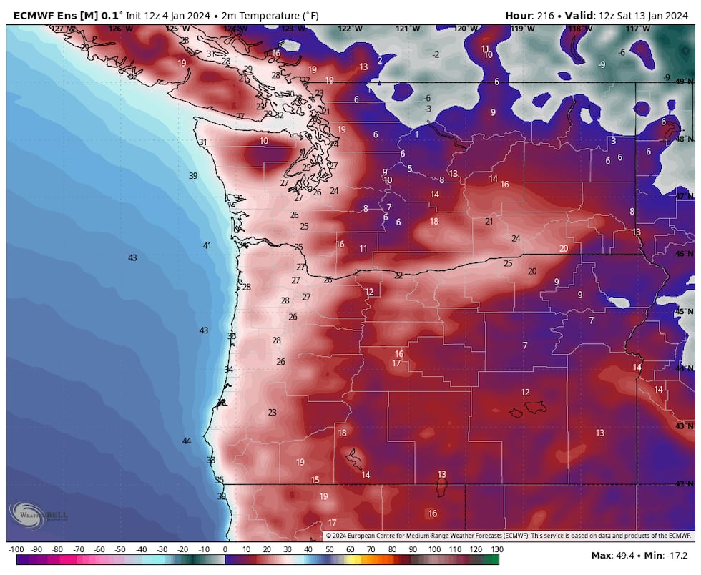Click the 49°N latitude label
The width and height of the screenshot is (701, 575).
tap(685, 81)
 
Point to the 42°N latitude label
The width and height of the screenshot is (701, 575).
tap(685, 483)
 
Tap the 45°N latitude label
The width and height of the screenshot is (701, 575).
tap(685, 311)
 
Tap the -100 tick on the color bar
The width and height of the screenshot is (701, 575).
tap(16, 549)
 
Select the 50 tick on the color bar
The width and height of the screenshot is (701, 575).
tap(329, 549)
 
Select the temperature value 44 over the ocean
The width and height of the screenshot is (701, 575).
tap(187, 441)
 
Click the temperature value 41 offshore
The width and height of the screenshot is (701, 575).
tap(207, 245)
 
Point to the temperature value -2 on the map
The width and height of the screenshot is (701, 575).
tap(436, 54)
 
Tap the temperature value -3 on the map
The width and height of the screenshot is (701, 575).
tap(427, 109)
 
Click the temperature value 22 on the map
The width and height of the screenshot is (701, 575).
tap(398, 275)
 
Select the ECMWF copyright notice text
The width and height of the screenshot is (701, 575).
tap(509, 535)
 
